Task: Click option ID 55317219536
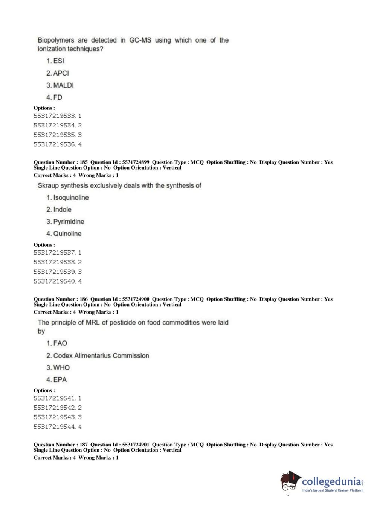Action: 54,144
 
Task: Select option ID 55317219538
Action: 54,262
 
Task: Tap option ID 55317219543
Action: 54,417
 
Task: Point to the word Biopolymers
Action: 56,40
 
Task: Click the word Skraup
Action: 48,185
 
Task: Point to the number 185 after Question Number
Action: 84,162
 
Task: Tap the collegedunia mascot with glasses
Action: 290,481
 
